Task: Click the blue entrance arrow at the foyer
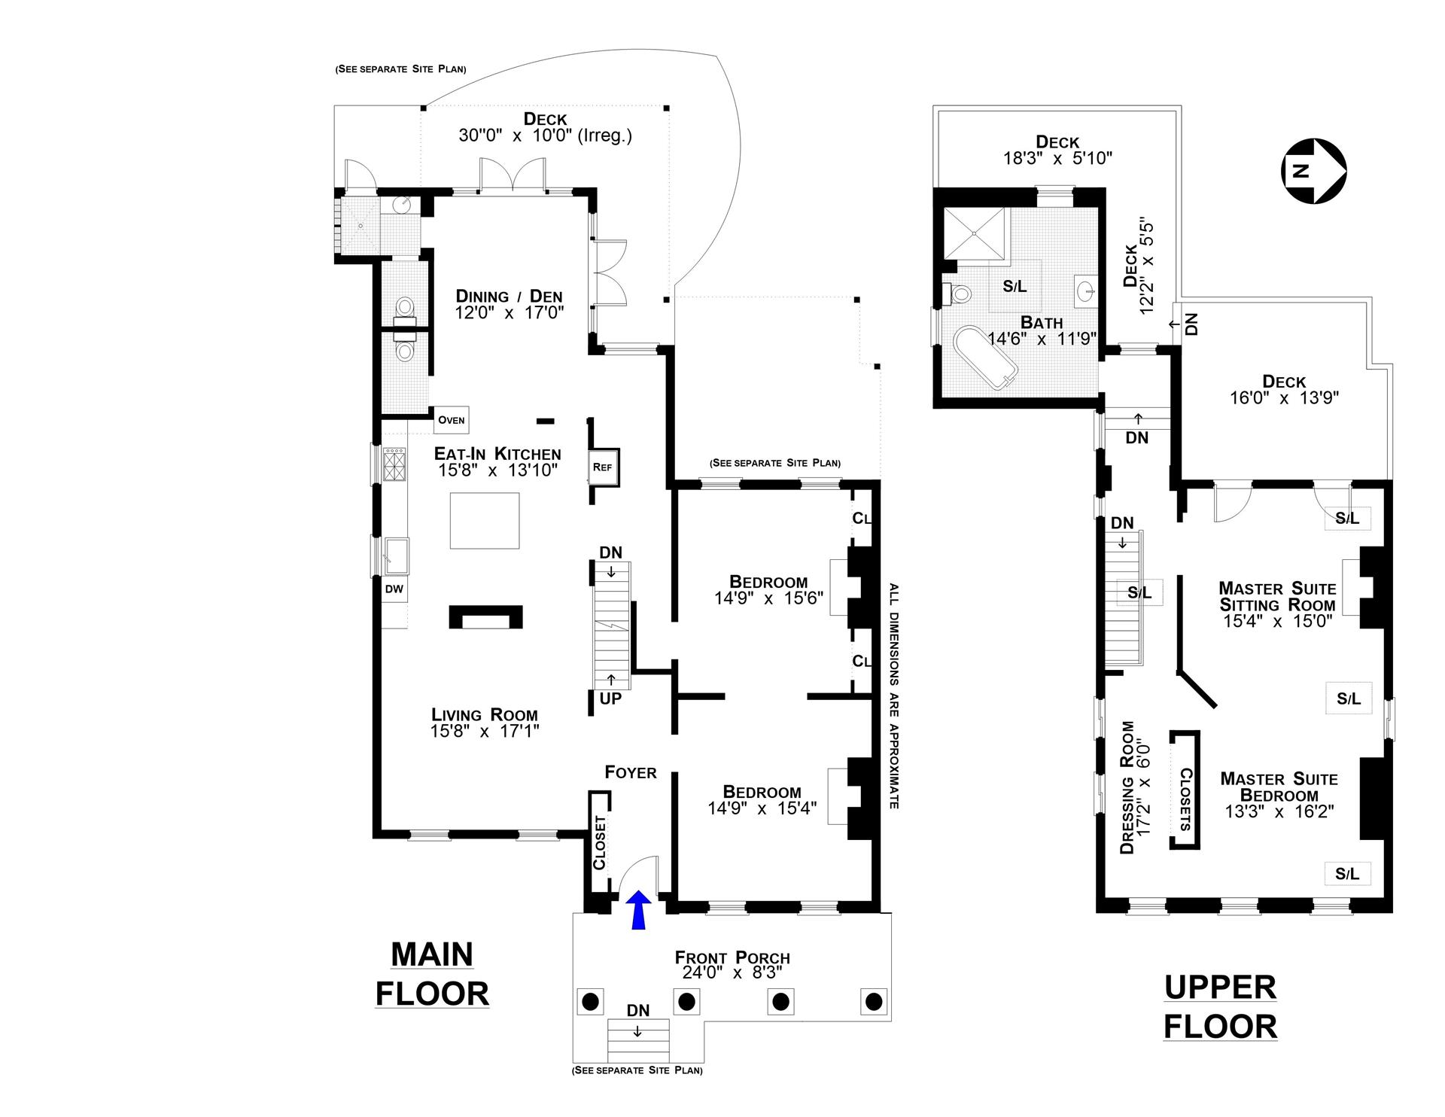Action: tap(638, 909)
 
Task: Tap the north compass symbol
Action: tap(1314, 171)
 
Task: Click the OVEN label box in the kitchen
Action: tap(452, 420)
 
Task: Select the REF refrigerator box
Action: tap(603, 467)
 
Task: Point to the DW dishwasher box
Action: tap(394, 589)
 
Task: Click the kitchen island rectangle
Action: tap(485, 521)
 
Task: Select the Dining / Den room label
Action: tap(510, 296)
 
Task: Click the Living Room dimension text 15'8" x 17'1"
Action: tap(485, 731)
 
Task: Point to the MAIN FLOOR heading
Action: tap(433, 974)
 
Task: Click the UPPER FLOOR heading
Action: tap(1220, 1007)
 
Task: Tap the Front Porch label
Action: tap(732, 957)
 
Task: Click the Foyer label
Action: tap(631, 772)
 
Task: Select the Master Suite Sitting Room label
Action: tap(1277, 596)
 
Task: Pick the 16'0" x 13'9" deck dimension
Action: tap(1285, 397)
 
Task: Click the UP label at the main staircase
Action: tap(610, 699)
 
